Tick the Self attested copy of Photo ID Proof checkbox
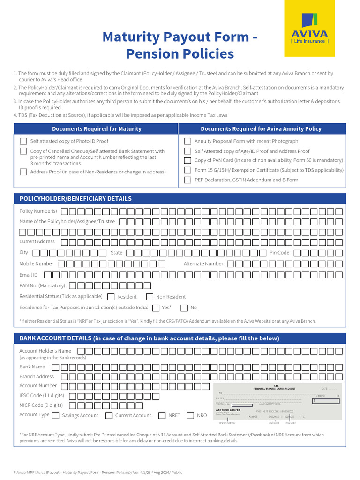[23, 141]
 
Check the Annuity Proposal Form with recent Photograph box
[187, 141]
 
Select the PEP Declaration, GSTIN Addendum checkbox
[187, 180]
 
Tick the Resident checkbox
[111, 297]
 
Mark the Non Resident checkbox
[150, 297]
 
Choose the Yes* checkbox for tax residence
[156, 308]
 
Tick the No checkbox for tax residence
[184, 308]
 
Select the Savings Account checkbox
[56, 415]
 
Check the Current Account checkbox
[109, 415]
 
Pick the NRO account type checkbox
[190, 415]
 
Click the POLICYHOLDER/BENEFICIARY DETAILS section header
[75, 199]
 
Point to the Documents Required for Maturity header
[97, 129]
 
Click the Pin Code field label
[279, 253]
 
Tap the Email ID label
[28, 275]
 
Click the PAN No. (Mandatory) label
[42, 285]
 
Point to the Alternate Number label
[203, 264]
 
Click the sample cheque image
[278, 404]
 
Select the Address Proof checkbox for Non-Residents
[23, 172]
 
